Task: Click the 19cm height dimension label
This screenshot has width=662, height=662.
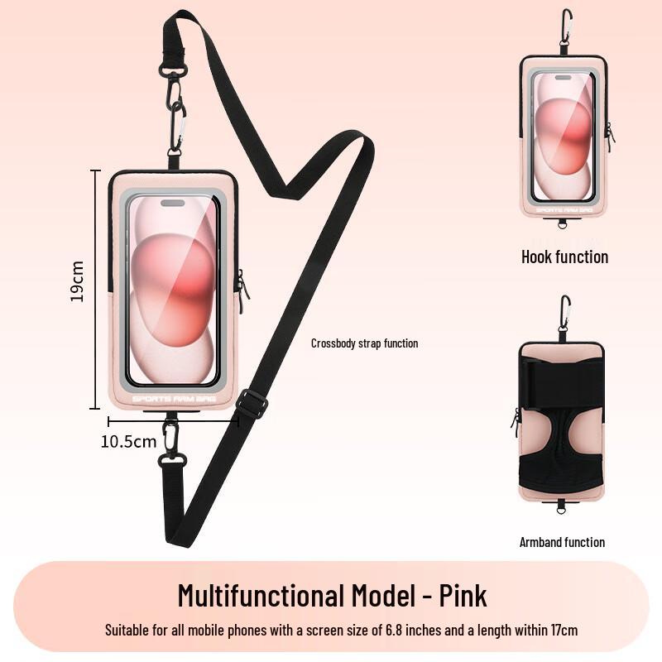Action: point(77,281)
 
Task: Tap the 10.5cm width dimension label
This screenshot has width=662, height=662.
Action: point(128,441)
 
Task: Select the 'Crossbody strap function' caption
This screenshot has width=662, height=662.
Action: point(364,343)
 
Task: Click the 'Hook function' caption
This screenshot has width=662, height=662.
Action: point(564,257)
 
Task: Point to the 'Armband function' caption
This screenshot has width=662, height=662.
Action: point(562,542)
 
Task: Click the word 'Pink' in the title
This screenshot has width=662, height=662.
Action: point(463,595)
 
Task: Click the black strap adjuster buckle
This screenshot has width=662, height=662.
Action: point(252,404)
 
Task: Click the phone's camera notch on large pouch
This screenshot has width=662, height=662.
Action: point(173,203)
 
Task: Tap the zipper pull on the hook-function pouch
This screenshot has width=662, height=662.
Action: point(609,137)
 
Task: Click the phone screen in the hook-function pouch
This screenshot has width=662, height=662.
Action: point(563,137)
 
